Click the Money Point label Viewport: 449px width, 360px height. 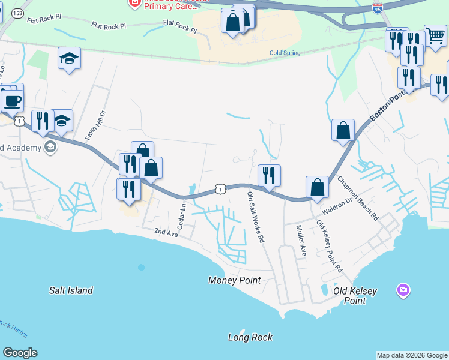coord(235,280)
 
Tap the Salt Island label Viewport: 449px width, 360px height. coord(71,290)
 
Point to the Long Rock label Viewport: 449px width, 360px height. coord(250,337)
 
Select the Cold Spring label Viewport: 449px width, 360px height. coord(284,53)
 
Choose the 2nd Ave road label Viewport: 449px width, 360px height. coord(166,232)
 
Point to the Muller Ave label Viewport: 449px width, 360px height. coord(301,241)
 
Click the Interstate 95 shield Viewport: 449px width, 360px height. coord(377,9)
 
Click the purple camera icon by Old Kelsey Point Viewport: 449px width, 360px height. coord(403,291)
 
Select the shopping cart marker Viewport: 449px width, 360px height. coord(435,35)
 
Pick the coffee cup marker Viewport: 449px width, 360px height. coord(12,100)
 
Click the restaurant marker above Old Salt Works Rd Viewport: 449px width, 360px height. coord(270,175)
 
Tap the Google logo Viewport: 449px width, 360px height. coord(20,353)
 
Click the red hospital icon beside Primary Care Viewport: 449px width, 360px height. coord(133,3)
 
